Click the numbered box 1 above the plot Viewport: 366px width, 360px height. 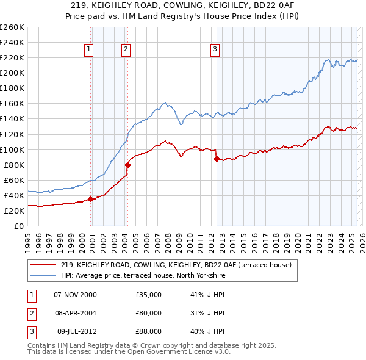(89, 49)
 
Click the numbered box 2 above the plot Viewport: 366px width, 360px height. (126, 49)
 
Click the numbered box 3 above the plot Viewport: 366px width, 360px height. (215, 49)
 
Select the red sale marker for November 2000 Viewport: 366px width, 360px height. (91, 198)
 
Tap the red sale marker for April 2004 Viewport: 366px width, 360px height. (127, 164)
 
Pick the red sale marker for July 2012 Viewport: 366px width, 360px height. (217, 158)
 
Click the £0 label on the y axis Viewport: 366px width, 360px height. (19, 226)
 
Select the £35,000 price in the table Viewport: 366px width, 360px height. (148, 295)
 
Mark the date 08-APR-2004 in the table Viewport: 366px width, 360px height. (76, 313)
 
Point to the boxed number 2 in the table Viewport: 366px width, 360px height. (30, 313)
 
